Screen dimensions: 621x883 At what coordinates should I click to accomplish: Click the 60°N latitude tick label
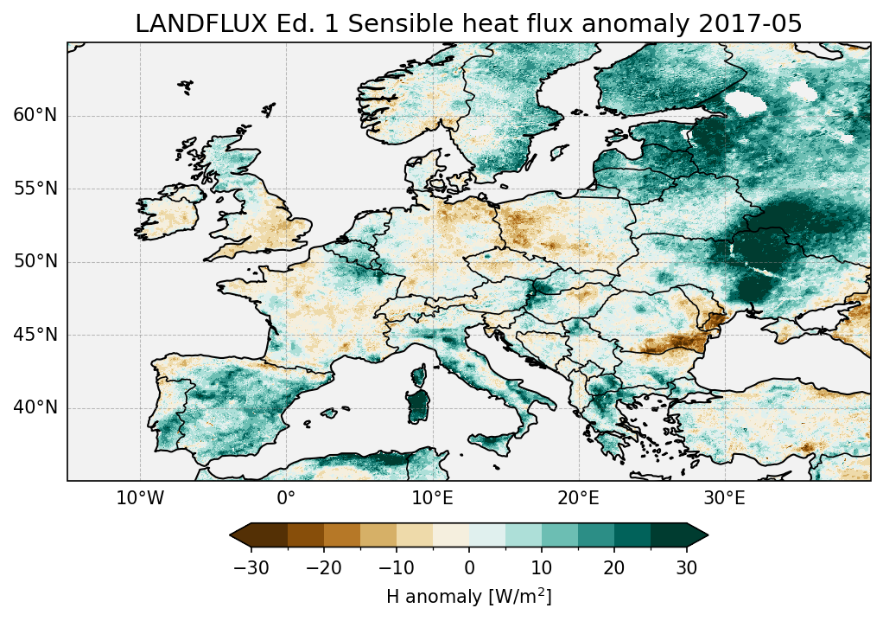(x=35, y=116)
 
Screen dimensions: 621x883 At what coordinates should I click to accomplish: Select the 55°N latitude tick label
(x=35, y=189)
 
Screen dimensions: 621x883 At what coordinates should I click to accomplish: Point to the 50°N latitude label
(x=35, y=262)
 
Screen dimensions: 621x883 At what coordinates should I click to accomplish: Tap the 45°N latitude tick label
(x=35, y=335)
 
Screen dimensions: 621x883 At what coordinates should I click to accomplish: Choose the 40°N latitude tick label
(x=35, y=407)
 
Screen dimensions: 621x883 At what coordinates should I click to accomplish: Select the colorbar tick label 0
(x=469, y=567)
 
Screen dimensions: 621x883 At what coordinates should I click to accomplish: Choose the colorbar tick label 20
(x=614, y=567)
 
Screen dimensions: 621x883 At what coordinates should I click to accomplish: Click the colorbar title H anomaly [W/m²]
(x=468, y=596)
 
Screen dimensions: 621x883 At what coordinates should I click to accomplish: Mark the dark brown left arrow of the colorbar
(x=241, y=535)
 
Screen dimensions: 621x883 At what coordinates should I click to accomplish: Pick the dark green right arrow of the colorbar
(x=697, y=535)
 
